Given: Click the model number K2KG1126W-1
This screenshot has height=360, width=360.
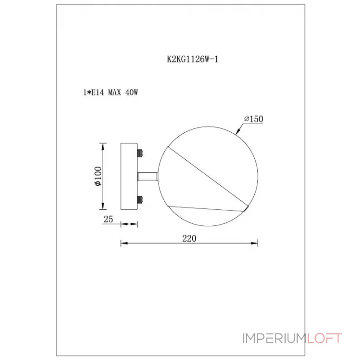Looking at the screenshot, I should pyautogui.click(x=192, y=58).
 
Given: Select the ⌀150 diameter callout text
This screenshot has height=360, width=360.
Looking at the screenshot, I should pyautogui.click(x=253, y=119).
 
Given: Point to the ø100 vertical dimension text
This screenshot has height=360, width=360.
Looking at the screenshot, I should pyautogui.click(x=98, y=176).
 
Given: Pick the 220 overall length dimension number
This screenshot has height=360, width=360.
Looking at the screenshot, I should pyautogui.click(x=189, y=238).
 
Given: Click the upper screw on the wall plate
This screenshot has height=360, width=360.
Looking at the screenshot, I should pyautogui.click(x=140, y=153).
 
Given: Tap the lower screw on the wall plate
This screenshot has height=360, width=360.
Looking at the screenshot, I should pyautogui.click(x=140, y=199).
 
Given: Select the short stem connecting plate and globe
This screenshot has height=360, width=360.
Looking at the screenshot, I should pyautogui.click(x=147, y=176).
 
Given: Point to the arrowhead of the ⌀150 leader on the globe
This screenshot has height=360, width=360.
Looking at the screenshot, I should pyautogui.click(x=238, y=131).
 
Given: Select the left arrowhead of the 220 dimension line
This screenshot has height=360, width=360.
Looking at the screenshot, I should pyautogui.click(x=123, y=244).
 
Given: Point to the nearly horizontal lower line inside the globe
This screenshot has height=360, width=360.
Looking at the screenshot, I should pyautogui.click(x=207, y=208).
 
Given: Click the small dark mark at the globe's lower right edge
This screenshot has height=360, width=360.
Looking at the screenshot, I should pyautogui.click(x=247, y=208).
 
